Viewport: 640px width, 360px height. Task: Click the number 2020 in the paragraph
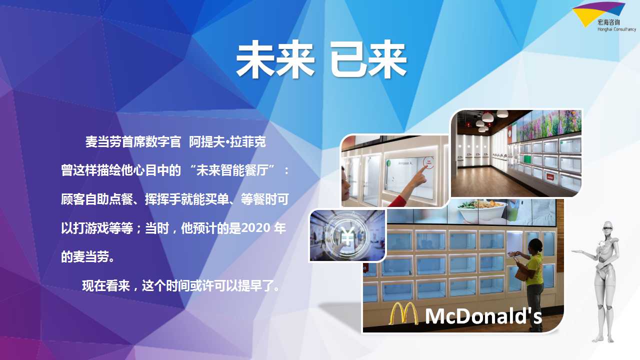pos(255,228)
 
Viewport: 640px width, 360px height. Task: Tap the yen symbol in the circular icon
pos(347,234)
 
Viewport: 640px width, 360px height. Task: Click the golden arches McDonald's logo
pos(403,313)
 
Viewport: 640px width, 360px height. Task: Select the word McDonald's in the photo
pos(483,316)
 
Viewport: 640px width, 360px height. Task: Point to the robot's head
pos(607,229)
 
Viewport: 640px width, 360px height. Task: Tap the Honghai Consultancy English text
pos(616,29)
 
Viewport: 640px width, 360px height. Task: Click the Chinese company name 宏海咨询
pos(608,22)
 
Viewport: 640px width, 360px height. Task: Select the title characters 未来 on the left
pos(275,59)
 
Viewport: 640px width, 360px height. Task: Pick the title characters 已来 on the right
pos(368,59)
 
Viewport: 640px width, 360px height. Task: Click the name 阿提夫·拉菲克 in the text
pos(227,142)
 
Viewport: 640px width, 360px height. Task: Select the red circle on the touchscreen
pos(428,163)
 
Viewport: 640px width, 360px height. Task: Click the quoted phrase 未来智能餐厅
pos(232,170)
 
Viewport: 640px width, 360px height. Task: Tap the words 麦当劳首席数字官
pos(133,142)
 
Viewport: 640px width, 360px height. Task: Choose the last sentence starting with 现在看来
pos(181,285)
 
